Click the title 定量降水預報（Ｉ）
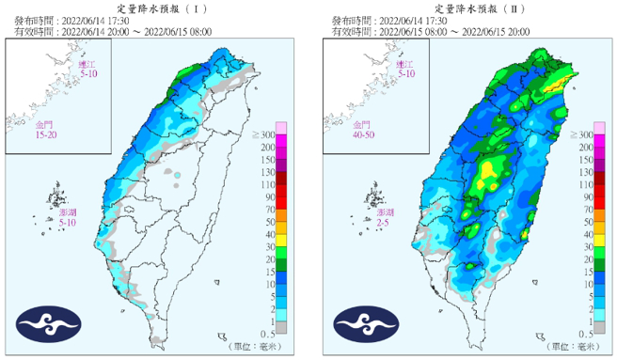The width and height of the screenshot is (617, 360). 152,8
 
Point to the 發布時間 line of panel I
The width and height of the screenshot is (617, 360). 85,20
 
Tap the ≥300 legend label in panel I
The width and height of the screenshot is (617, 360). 263,136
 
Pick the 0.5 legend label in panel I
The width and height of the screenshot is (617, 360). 268,335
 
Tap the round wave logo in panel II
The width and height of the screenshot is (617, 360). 361,325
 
